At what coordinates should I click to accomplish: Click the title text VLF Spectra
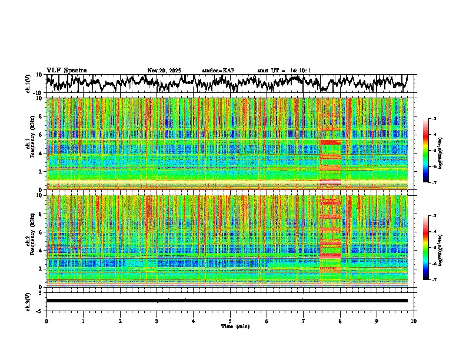point(66,71)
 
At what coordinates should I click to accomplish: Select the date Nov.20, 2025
point(164,71)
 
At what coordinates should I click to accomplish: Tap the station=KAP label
point(218,71)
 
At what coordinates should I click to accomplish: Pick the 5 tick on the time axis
point(230,321)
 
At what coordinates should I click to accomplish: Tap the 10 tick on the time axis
point(414,321)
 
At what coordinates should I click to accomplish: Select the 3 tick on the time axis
point(157,321)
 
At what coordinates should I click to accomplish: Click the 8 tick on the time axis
point(340,321)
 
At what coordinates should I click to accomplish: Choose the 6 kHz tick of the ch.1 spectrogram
point(40,135)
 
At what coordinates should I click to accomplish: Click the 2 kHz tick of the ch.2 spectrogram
point(40,268)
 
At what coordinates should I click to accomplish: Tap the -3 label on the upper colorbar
point(434,119)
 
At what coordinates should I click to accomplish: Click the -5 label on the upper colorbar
point(434,151)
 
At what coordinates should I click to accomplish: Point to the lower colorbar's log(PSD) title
point(440,248)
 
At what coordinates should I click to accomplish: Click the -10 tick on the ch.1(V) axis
point(38,93)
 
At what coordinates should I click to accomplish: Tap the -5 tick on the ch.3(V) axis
point(39,310)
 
